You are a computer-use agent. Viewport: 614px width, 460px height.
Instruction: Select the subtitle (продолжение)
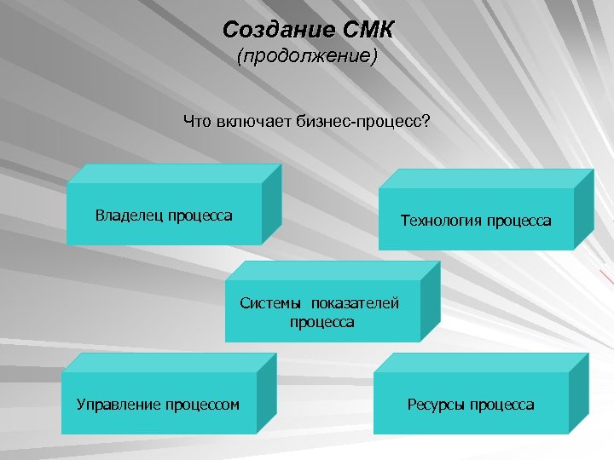tap(307, 59)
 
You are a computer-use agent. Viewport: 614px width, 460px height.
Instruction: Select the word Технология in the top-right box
tap(440, 221)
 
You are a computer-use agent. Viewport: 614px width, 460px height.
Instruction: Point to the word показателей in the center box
tap(355, 304)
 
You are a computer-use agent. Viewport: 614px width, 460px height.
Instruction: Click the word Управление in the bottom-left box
tap(116, 404)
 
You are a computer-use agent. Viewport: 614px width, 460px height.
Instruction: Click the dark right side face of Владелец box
tap(271, 204)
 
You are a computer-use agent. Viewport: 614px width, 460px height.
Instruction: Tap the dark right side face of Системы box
tap(430, 302)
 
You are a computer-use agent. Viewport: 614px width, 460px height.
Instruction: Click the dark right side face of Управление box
tap(266, 394)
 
